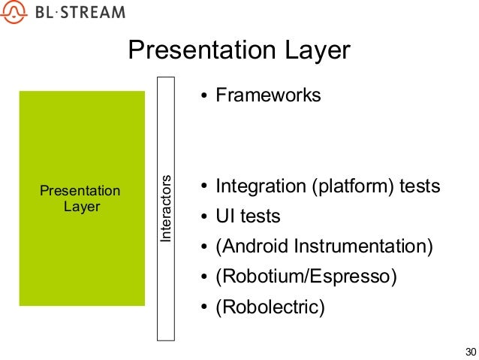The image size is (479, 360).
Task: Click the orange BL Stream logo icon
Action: pyautogui.click(x=14, y=11)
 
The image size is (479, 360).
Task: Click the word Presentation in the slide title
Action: pyautogui.click(x=202, y=50)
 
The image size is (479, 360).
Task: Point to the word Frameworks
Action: pyautogui.click(x=268, y=95)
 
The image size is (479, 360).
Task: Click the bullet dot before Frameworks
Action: pyautogui.click(x=204, y=95)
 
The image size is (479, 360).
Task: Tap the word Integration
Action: pyautogui.click(x=261, y=186)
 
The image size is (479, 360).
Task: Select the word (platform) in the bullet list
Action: pyautogui.click(x=353, y=186)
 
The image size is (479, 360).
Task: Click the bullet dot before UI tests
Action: pyautogui.click(x=204, y=216)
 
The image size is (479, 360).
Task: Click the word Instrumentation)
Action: pyautogui.click(x=363, y=247)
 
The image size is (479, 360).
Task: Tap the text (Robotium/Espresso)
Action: pyautogui.click(x=306, y=277)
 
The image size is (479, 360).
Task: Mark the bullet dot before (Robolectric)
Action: pyautogui.click(x=204, y=307)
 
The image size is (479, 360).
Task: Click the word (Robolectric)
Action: pyautogui.click(x=270, y=307)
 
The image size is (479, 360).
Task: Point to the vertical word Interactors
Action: pyautogui.click(x=166, y=209)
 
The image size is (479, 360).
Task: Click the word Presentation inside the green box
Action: pyautogui.click(x=80, y=191)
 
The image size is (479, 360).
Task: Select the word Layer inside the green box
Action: pyautogui.click(x=82, y=207)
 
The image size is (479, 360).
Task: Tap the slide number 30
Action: pyautogui.click(x=471, y=352)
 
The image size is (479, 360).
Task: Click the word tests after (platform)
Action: pyautogui.click(x=420, y=186)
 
